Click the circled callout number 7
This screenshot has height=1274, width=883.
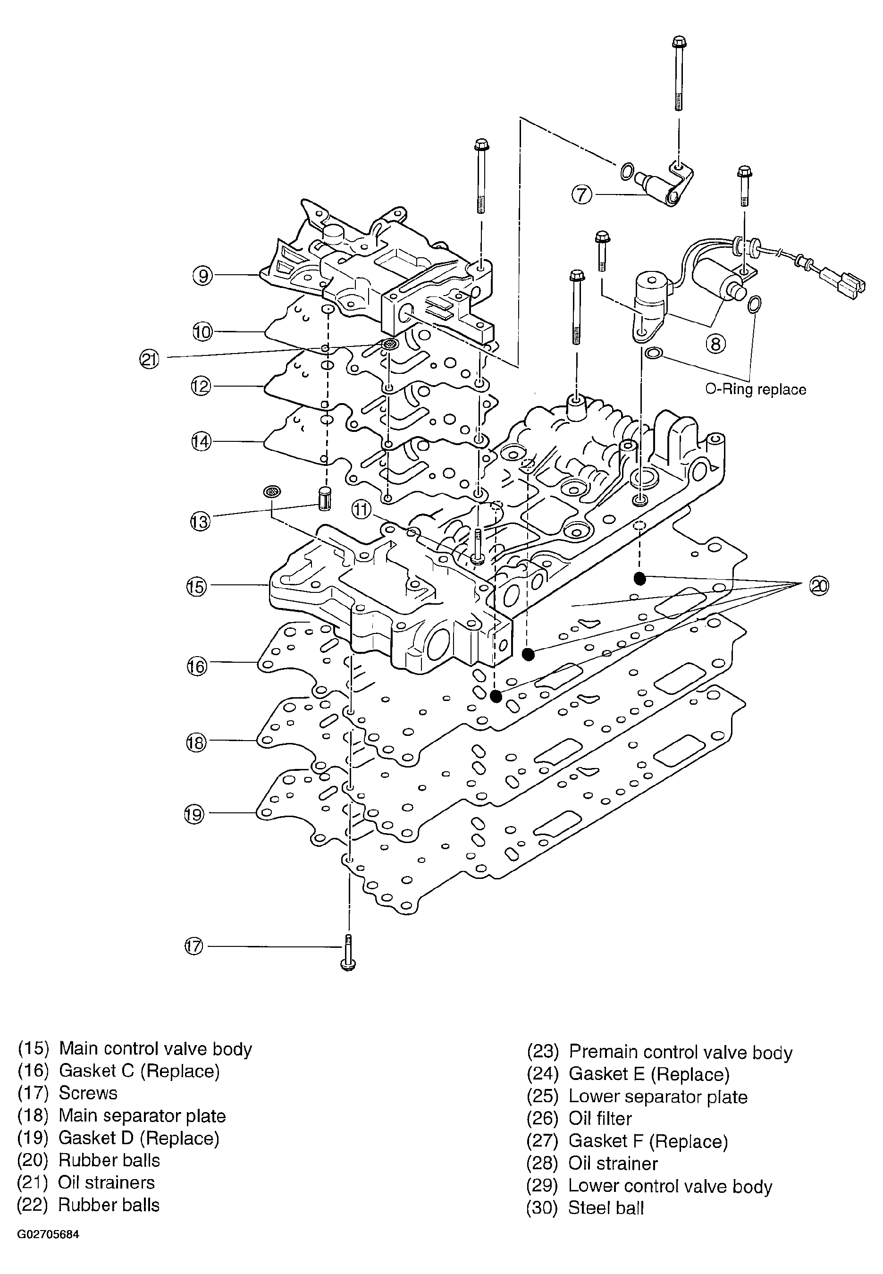(x=581, y=195)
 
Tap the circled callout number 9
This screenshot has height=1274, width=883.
(x=202, y=275)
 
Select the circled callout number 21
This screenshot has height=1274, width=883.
(x=149, y=360)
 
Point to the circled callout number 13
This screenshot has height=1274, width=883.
(x=200, y=521)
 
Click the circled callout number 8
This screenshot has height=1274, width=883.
(x=715, y=344)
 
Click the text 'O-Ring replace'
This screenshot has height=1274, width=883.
(x=755, y=389)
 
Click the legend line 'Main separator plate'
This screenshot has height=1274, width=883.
(x=142, y=1116)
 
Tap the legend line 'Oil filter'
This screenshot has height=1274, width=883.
(x=600, y=1119)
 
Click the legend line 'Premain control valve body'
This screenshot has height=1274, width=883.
(x=681, y=1052)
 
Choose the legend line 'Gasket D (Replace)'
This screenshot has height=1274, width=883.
(x=138, y=1138)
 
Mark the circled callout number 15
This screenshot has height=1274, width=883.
(x=196, y=586)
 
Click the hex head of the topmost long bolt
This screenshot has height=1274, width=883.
(x=679, y=42)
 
